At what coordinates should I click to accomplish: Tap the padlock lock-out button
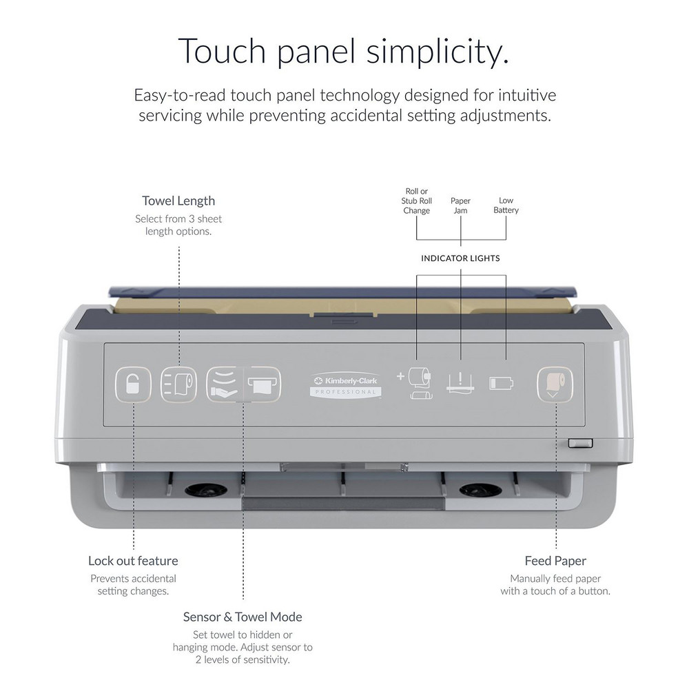(133, 384)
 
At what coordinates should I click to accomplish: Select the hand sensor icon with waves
(224, 384)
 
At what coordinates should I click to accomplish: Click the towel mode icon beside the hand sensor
(263, 384)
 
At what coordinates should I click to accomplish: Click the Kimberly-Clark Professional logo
(345, 385)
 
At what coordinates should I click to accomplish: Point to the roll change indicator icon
(415, 382)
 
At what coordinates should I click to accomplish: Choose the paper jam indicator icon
(460, 382)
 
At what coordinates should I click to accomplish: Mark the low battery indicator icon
(502, 382)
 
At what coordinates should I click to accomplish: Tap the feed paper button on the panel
(555, 384)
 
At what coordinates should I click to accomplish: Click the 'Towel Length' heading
(178, 200)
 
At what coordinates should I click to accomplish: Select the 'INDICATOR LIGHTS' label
(460, 258)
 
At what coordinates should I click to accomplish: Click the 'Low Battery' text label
(506, 205)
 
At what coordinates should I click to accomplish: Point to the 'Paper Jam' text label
(460, 205)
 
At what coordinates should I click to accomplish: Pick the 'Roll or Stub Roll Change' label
(417, 200)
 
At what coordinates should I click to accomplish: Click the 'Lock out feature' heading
(133, 561)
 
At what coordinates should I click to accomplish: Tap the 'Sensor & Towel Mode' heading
(243, 617)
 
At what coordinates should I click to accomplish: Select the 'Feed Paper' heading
(555, 561)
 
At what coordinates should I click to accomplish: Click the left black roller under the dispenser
(205, 490)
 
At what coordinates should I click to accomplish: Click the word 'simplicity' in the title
(438, 52)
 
